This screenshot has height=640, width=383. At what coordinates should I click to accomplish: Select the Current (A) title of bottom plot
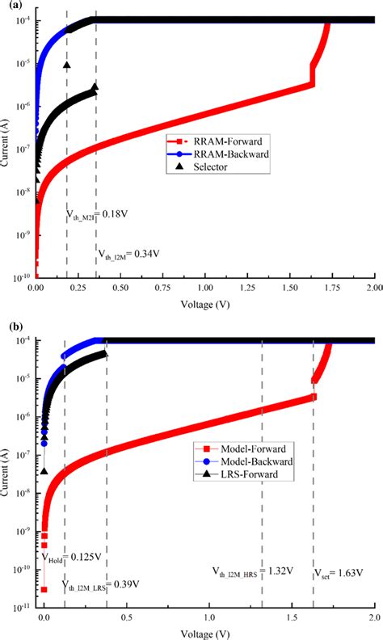tap(8, 468)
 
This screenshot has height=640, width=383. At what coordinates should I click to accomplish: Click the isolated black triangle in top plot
tap(67, 65)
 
